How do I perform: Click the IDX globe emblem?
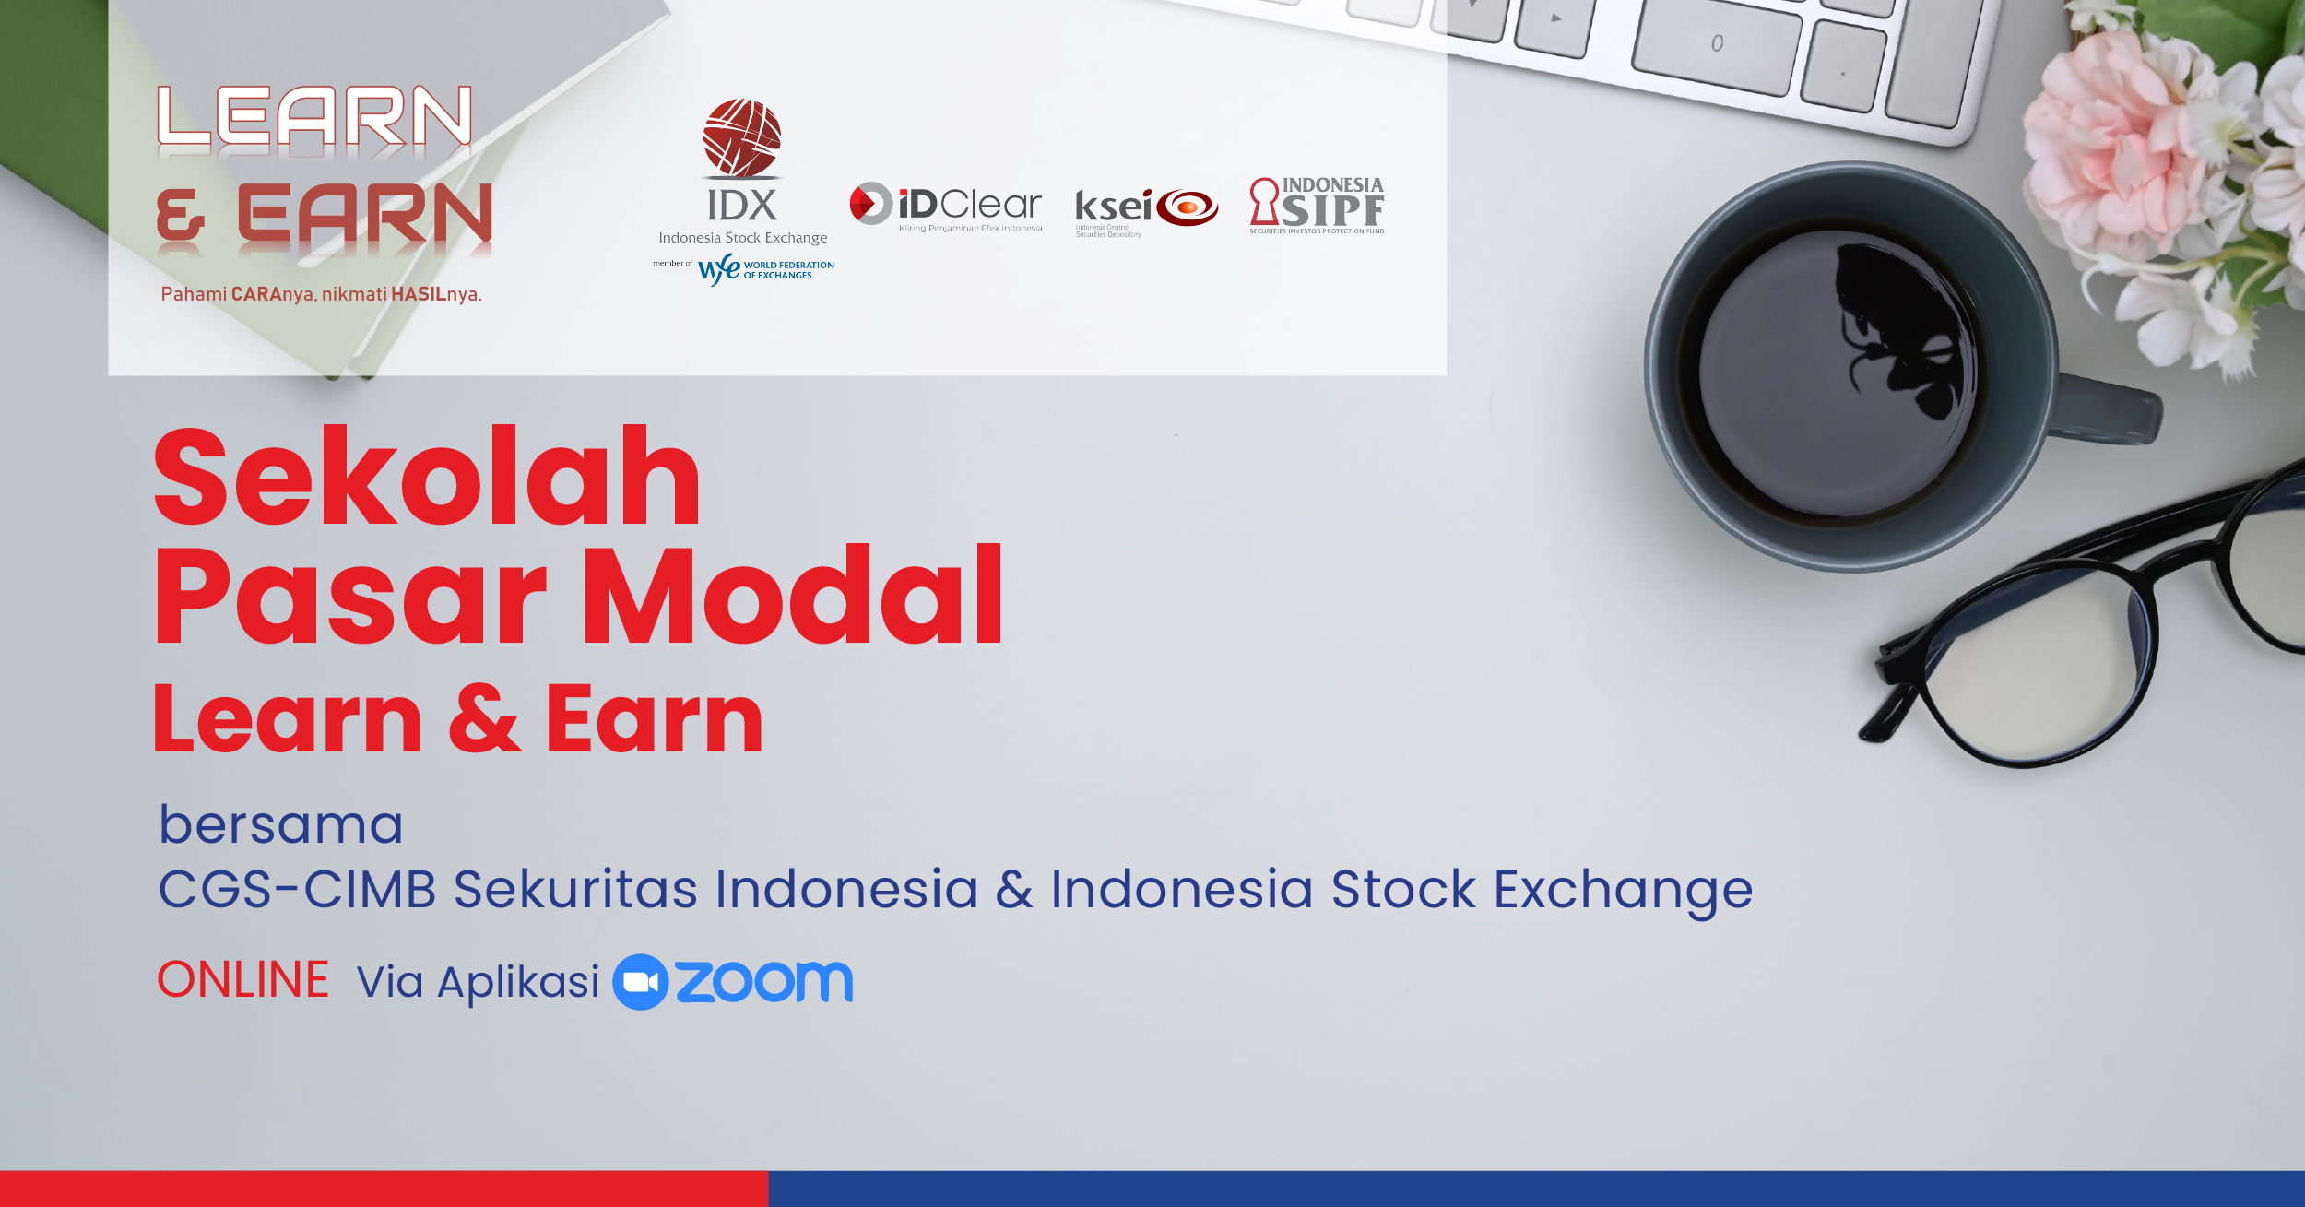click(742, 137)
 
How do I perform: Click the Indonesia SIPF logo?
click(1317, 205)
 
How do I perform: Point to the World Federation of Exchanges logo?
click(765, 269)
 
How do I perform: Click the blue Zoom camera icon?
click(640, 981)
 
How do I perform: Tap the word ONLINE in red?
click(243, 979)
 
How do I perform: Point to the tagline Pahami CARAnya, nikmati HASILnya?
click(322, 294)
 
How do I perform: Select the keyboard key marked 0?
click(1715, 47)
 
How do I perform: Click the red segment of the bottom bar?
click(384, 1189)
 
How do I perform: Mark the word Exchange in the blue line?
click(1623, 891)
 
